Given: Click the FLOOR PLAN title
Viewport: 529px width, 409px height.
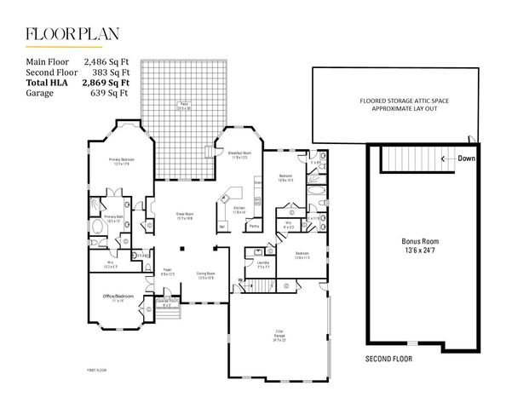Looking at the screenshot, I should click(72, 34).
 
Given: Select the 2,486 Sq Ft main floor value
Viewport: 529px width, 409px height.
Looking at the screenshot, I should click(106, 62).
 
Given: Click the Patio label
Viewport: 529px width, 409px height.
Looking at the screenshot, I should click(182, 107).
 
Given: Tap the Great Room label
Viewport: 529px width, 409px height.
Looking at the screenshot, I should click(185, 216).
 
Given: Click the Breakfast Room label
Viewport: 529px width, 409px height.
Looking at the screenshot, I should click(239, 156).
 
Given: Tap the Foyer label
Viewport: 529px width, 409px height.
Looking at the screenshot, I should click(167, 273).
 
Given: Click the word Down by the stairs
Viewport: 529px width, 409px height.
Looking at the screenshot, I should click(467, 158).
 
